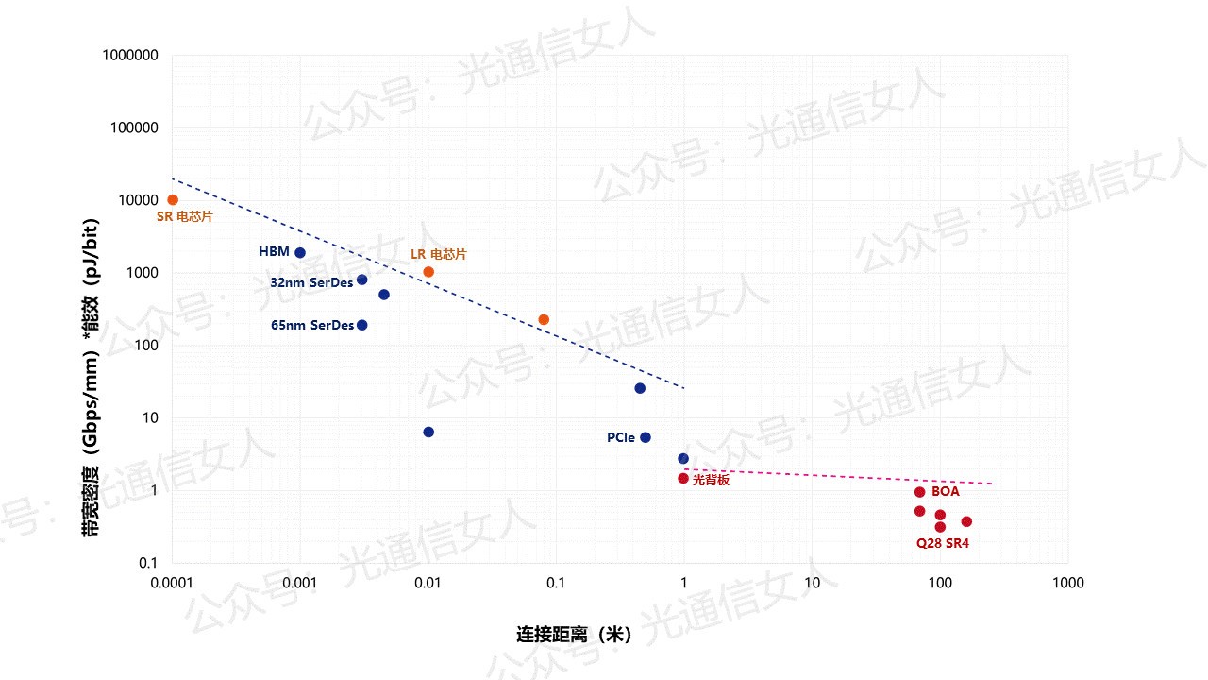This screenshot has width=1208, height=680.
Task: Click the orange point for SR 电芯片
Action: pyautogui.click(x=173, y=199)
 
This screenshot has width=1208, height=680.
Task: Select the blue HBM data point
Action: pyautogui.click(x=300, y=252)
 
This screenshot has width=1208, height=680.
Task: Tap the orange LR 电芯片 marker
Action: pyautogui.click(x=428, y=272)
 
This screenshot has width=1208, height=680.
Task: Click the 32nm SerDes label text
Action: pyautogui.click(x=311, y=281)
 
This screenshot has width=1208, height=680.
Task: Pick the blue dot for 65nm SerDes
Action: pyautogui.click(x=362, y=325)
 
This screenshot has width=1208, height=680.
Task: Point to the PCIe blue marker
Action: pyautogui.click(x=646, y=437)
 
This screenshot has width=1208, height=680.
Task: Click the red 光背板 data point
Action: pyautogui.click(x=683, y=478)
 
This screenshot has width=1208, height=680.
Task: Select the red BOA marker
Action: pyautogui.click(x=920, y=492)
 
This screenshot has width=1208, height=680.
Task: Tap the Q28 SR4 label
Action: pyautogui.click(x=943, y=544)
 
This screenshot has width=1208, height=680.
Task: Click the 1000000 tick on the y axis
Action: pyautogui.click(x=130, y=56)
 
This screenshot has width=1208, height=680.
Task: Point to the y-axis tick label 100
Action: pyautogui.click(x=144, y=346)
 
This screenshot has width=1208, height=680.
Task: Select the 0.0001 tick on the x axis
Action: pyautogui.click(x=173, y=584)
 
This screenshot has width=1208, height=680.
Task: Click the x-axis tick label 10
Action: pyautogui.click(x=812, y=584)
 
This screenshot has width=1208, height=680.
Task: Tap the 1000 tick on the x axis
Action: pyautogui.click(x=1067, y=584)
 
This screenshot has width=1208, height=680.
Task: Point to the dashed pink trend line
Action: pyautogui.click(x=840, y=476)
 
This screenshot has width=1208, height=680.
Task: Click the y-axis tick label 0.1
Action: pyautogui.click(x=147, y=563)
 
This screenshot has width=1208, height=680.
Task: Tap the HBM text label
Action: pyautogui.click(x=274, y=252)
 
